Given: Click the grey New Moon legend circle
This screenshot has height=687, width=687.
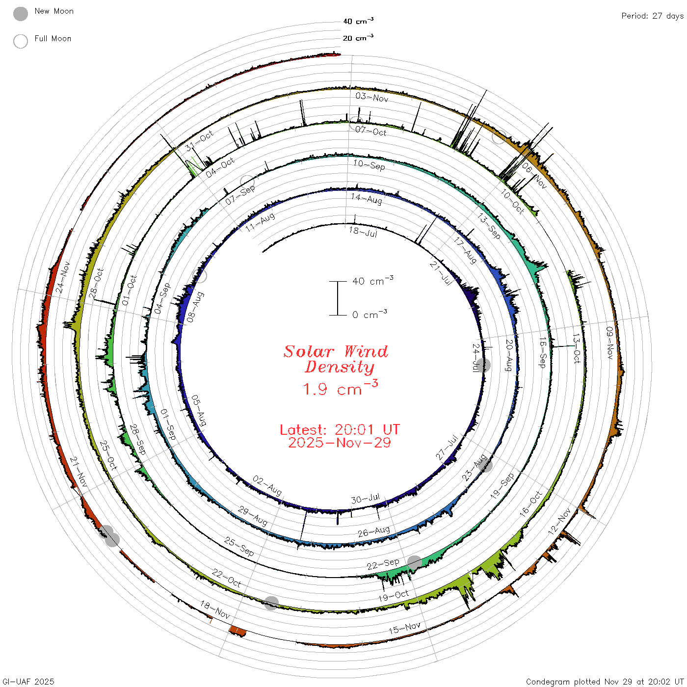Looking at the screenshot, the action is [20, 14].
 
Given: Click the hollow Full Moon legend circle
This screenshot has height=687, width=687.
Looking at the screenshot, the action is [20, 41].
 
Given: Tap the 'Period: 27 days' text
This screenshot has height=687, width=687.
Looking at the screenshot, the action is [652, 16].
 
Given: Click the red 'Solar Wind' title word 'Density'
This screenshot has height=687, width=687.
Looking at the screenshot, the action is [340, 367].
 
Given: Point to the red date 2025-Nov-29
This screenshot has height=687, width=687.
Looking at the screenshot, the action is [340, 443].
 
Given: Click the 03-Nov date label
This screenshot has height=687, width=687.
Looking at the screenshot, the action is [372, 97].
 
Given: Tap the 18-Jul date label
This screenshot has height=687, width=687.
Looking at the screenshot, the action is [363, 232].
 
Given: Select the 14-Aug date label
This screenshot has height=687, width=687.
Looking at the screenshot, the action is [366, 198].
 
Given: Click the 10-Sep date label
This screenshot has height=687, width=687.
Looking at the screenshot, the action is [369, 165].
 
